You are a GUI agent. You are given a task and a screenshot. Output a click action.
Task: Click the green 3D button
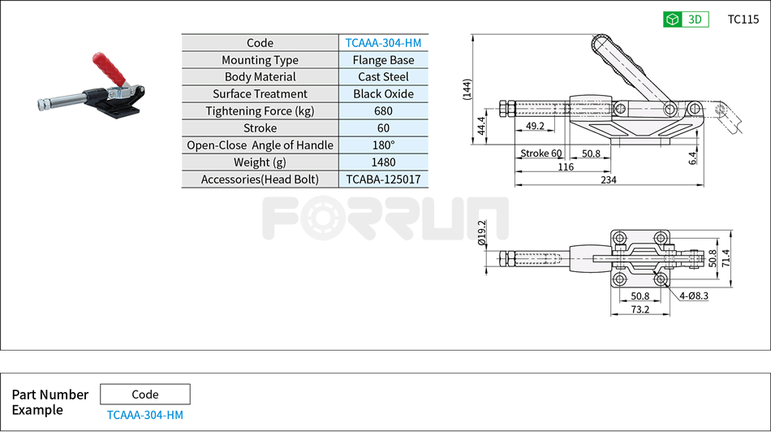[686, 19]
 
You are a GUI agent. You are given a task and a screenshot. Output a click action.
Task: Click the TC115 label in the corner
[743, 19]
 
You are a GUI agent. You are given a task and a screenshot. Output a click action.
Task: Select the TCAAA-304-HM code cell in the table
[383, 43]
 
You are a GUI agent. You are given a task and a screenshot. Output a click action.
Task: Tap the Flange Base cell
[383, 60]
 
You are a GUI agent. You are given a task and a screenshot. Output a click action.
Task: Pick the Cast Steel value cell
[383, 77]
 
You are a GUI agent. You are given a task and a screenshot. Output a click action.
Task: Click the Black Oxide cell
[383, 94]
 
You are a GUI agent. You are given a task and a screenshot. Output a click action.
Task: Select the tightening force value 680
[383, 111]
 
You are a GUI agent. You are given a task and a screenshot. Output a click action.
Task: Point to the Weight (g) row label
[260, 162]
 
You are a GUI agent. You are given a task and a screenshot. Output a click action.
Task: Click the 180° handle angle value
[383, 145]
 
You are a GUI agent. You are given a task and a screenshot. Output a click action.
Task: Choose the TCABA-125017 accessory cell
[383, 179]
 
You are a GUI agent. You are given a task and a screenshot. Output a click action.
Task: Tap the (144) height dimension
[467, 89]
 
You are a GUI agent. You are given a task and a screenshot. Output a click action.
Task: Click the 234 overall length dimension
[608, 179]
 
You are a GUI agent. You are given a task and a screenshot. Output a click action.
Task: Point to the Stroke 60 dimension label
[541, 153]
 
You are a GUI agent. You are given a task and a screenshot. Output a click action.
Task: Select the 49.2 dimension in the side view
[535, 127]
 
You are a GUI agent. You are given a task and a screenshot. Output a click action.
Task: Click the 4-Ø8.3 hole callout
[694, 296]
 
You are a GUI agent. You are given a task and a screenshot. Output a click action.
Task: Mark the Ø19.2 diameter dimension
[482, 232]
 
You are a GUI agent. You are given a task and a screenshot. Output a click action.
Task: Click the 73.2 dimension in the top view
[640, 310]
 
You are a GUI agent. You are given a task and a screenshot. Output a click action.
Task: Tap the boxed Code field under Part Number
[145, 395]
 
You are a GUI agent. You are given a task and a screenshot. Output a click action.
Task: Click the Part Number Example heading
[50, 402]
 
